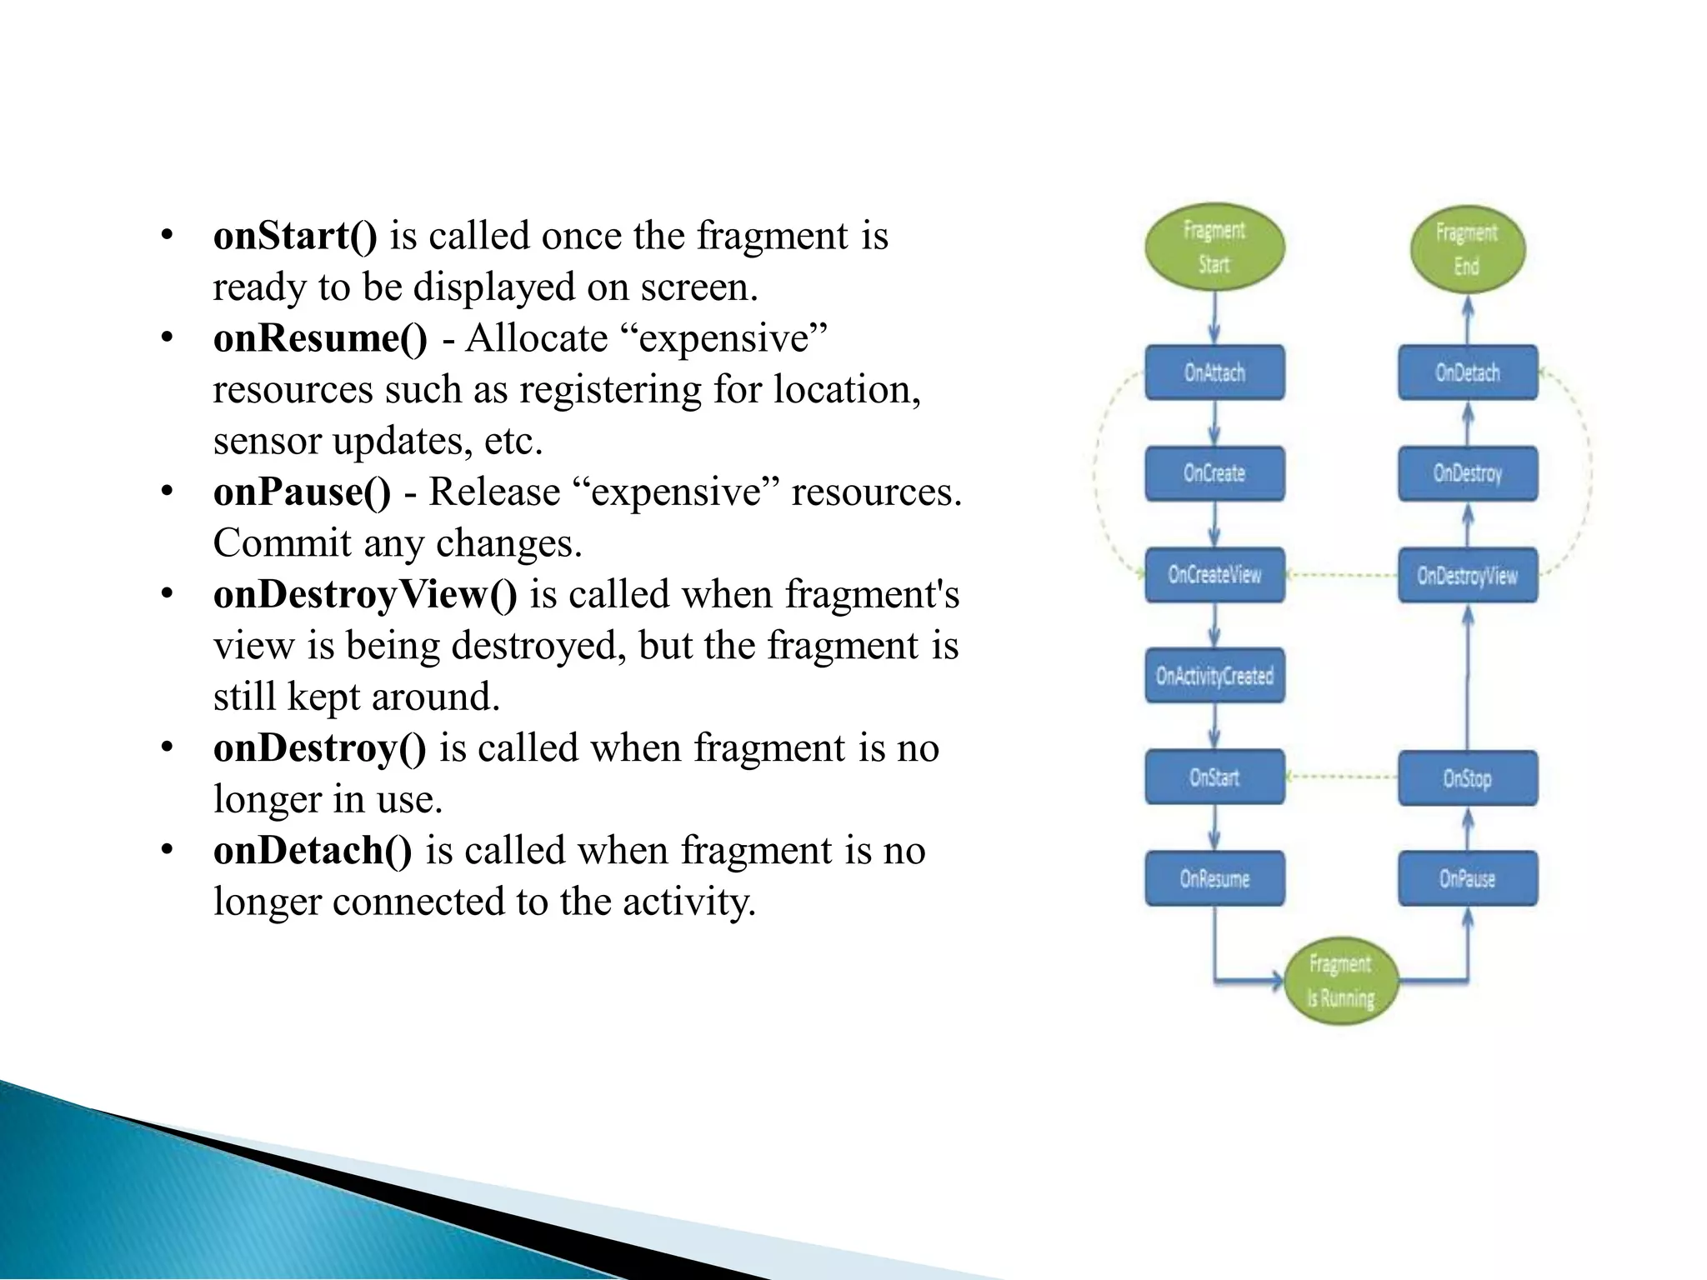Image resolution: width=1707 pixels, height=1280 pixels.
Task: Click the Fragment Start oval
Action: click(x=1214, y=247)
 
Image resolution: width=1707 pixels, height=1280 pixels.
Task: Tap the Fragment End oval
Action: click(x=1467, y=249)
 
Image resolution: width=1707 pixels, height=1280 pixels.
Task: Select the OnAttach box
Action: click(x=1214, y=372)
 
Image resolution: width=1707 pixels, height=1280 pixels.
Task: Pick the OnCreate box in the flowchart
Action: click(x=1214, y=473)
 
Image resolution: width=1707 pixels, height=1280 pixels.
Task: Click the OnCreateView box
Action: click(x=1214, y=574)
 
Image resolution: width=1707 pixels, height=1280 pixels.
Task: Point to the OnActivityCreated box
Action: click(x=1214, y=675)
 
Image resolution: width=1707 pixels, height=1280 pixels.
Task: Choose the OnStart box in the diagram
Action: click(x=1214, y=777)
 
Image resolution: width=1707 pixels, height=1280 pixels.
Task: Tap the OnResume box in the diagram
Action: click(x=1214, y=878)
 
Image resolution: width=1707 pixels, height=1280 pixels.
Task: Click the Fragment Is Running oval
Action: click(x=1340, y=981)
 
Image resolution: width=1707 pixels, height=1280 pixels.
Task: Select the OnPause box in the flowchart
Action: click(x=1467, y=878)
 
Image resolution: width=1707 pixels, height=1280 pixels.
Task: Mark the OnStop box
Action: click(x=1467, y=778)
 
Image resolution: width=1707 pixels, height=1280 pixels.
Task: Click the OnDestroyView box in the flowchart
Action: click(x=1467, y=575)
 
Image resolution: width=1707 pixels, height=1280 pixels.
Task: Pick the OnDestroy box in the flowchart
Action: click(x=1467, y=473)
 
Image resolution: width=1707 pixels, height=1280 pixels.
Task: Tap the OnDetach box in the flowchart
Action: click(x=1467, y=372)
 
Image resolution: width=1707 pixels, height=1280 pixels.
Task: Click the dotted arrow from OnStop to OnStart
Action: click(x=1342, y=777)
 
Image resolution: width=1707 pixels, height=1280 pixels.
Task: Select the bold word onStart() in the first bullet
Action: click(x=295, y=236)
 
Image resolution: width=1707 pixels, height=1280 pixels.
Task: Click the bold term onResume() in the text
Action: click(x=320, y=338)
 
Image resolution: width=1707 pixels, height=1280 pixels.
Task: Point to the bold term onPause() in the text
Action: click(x=302, y=492)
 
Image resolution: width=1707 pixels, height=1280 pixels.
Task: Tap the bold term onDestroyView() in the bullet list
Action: click(x=365, y=594)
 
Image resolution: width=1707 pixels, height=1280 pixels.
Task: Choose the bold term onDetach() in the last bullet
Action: click(x=313, y=850)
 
